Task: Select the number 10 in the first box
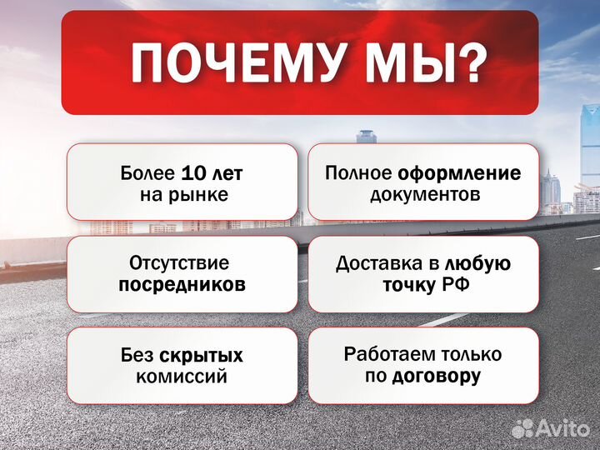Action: (x=192, y=174)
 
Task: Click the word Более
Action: (x=147, y=174)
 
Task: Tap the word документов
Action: (x=424, y=195)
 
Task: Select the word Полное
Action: (x=359, y=173)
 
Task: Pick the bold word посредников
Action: (x=182, y=284)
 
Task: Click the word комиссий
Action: (x=182, y=377)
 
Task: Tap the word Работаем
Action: (x=384, y=354)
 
